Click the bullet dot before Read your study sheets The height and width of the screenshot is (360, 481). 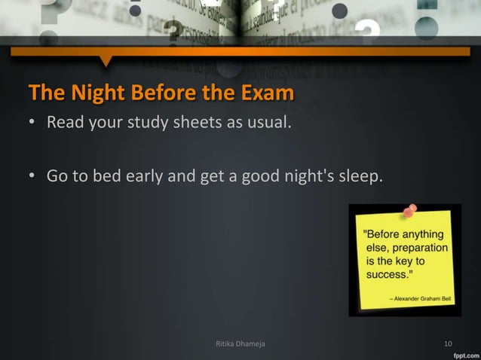pos(33,123)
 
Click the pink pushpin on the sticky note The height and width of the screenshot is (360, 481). pos(410,212)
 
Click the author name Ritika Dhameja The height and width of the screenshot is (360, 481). pos(240,344)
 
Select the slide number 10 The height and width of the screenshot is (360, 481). pos(448,344)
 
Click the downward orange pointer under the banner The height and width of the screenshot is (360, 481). pos(106,60)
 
